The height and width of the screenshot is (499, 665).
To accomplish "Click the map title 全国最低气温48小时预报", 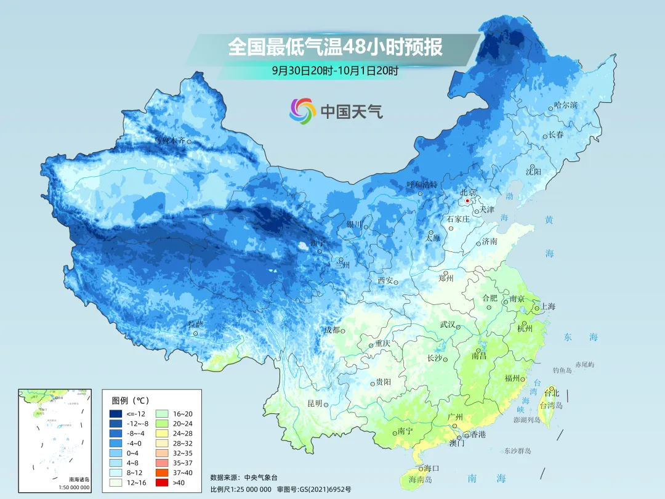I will tap(335, 47).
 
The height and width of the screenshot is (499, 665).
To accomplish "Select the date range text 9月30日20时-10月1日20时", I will tap(335, 70).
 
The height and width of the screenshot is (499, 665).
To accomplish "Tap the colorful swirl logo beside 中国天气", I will tap(302, 111).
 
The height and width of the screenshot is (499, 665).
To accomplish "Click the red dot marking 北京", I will tap(467, 201).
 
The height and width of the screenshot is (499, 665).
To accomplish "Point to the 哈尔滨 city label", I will tap(565, 105).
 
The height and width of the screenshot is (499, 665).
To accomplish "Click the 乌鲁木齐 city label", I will tap(169, 140).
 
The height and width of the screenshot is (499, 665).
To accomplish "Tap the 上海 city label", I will tap(547, 307).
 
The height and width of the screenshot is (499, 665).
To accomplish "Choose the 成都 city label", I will tap(331, 330).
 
